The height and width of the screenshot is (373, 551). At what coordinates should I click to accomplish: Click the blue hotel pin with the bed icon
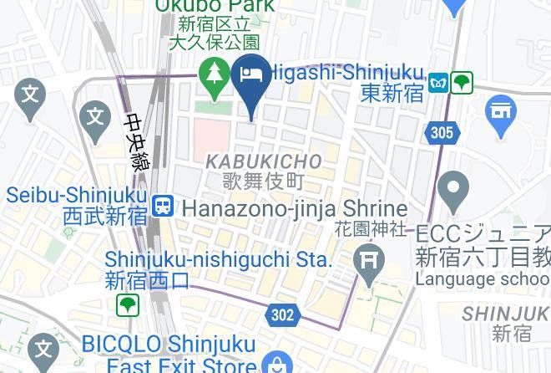point(253,79)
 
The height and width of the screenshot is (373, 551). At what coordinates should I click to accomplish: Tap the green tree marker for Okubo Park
point(215,77)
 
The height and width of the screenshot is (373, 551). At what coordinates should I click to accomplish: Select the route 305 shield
point(442,132)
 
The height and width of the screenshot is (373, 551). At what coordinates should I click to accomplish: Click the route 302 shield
point(283,314)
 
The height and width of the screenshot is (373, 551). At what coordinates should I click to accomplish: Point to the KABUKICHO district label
point(263,161)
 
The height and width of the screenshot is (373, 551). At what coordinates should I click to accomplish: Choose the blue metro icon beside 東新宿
point(438,83)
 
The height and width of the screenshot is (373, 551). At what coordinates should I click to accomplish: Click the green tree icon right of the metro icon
point(462,83)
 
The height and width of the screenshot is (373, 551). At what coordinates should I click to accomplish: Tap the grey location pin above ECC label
point(455,191)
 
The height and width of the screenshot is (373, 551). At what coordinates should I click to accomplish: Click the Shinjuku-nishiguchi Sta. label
point(219,260)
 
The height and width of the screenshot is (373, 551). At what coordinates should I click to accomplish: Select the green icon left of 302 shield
point(127,305)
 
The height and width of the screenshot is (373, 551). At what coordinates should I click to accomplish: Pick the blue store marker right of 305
point(500,115)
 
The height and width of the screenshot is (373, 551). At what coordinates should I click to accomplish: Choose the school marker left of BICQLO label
point(41,347)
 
